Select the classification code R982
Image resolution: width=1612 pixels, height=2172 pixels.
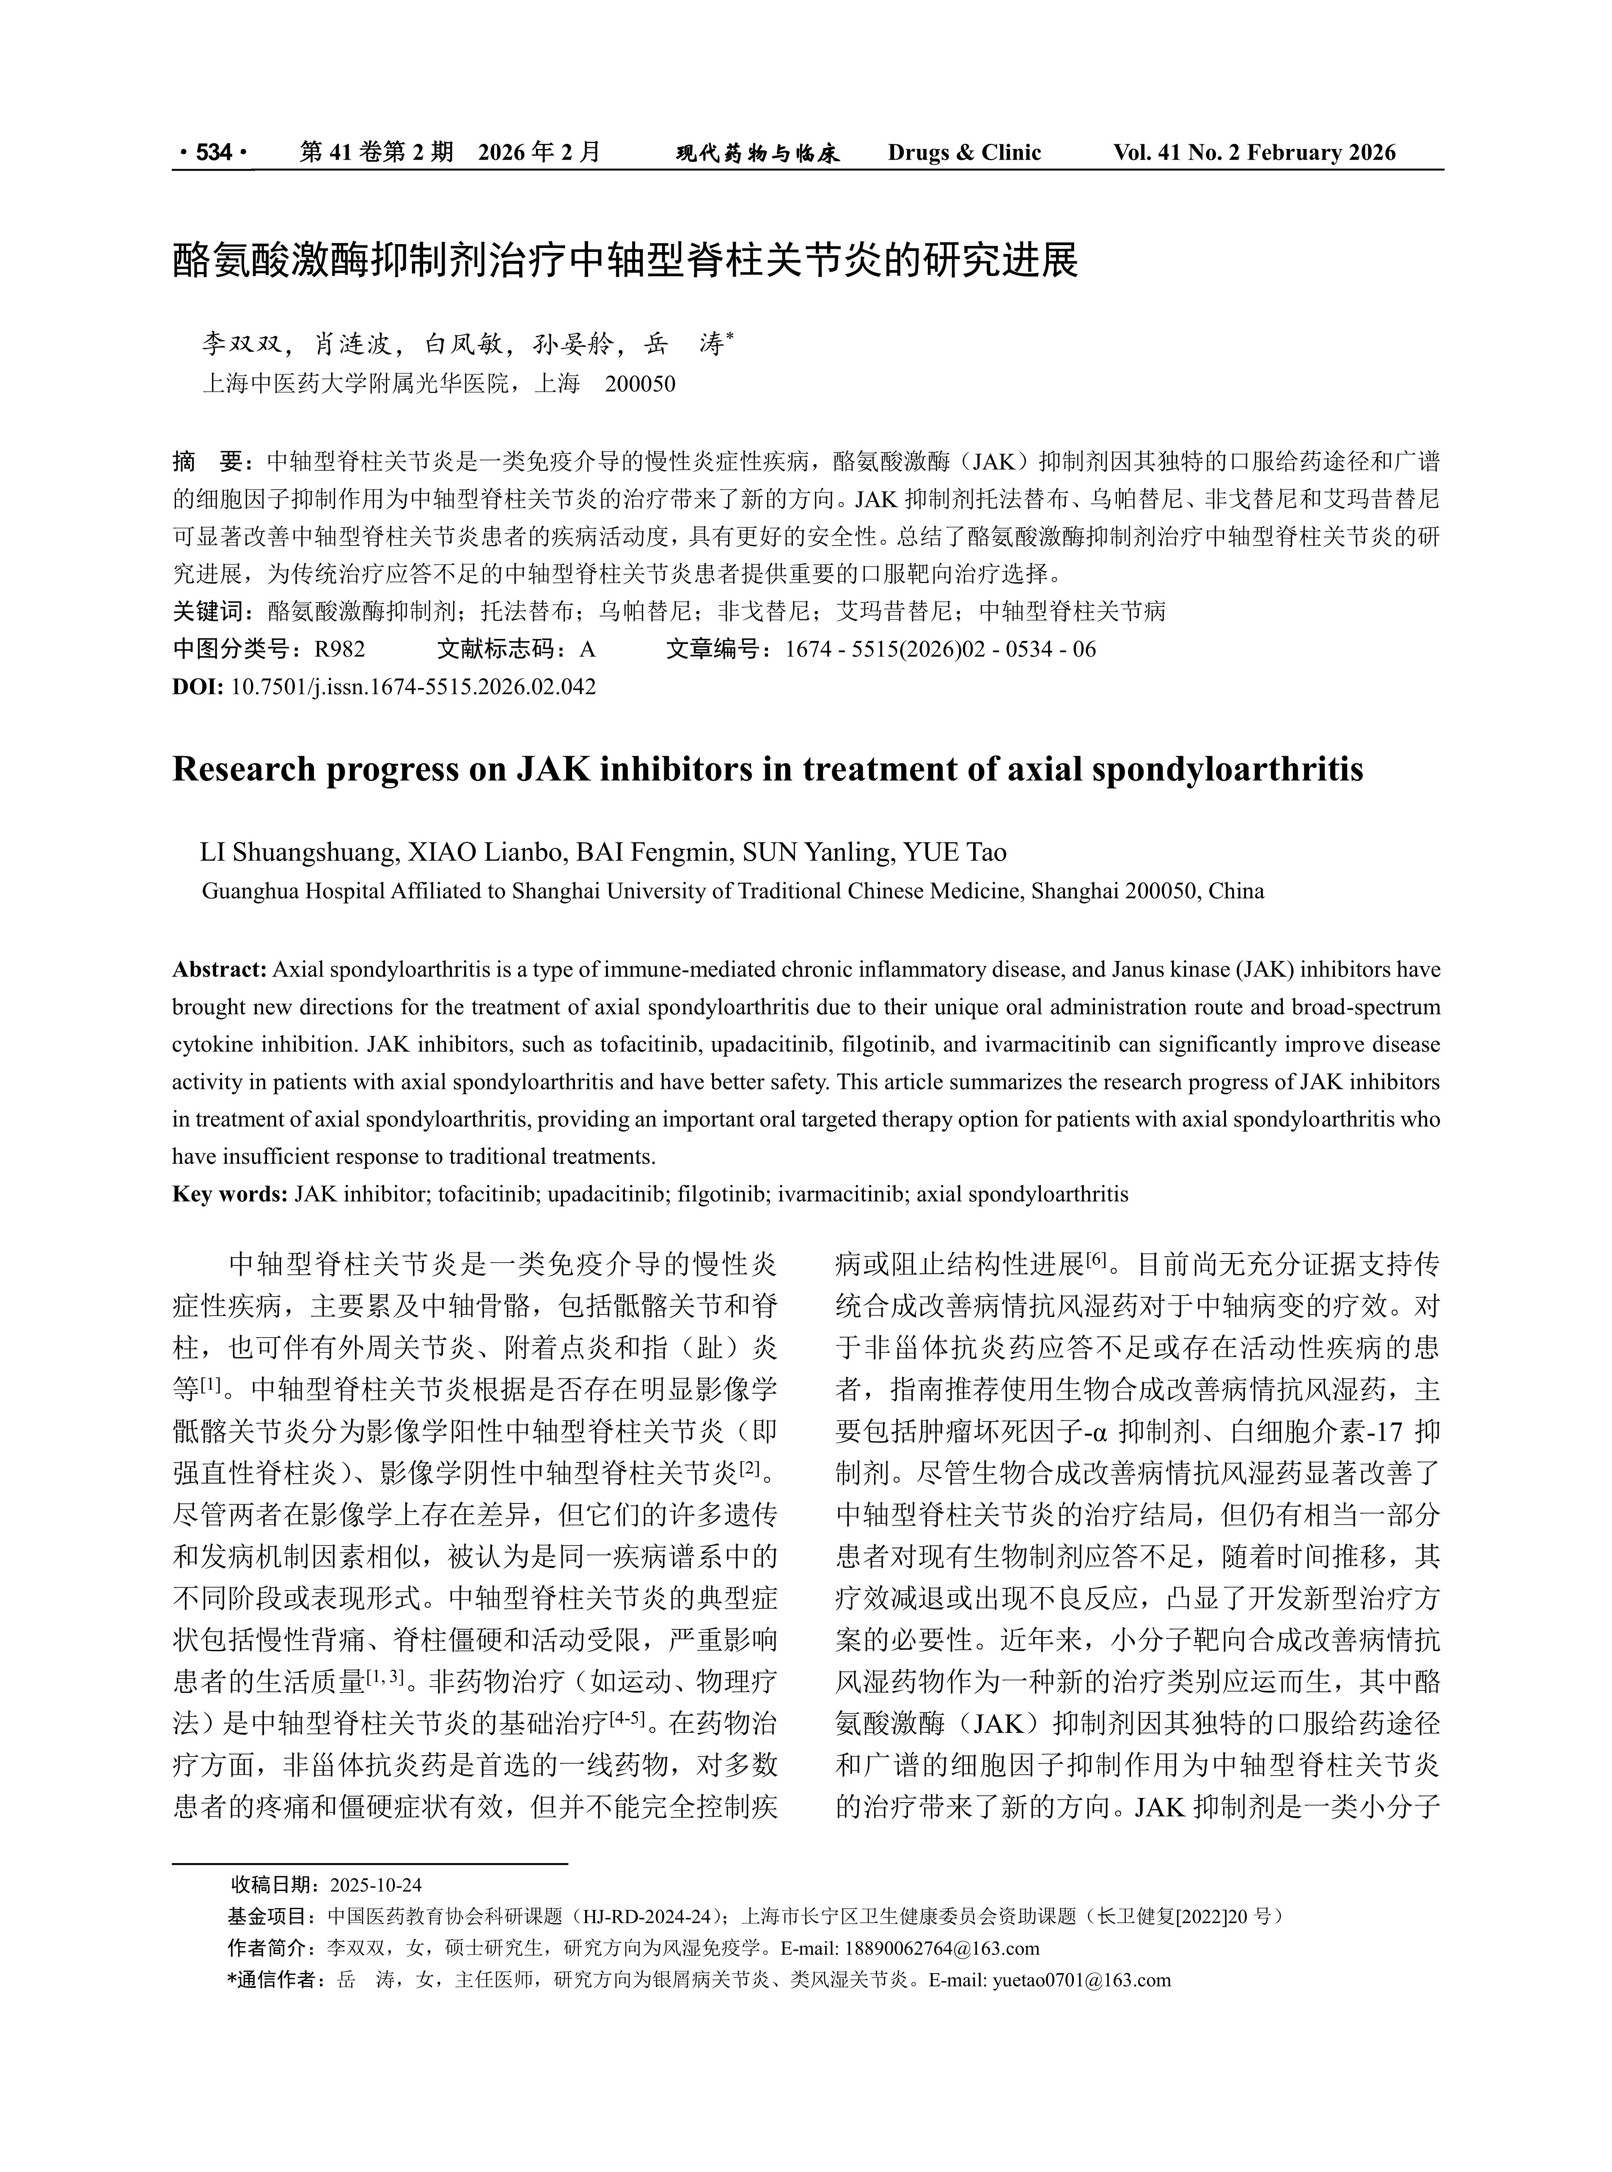(x=340, y=649)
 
